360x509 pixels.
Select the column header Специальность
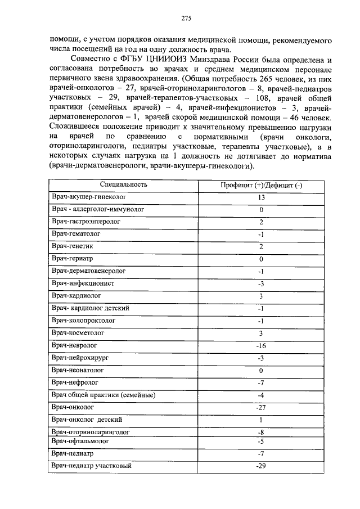124,184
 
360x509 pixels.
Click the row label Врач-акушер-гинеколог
88,197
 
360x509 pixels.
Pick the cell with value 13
261,198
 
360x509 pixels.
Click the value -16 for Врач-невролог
261,346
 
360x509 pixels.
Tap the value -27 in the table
261,408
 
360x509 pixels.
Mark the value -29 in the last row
261,466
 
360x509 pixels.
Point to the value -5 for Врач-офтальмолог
261,442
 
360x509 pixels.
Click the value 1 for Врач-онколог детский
261,420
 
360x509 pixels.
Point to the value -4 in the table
261,395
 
